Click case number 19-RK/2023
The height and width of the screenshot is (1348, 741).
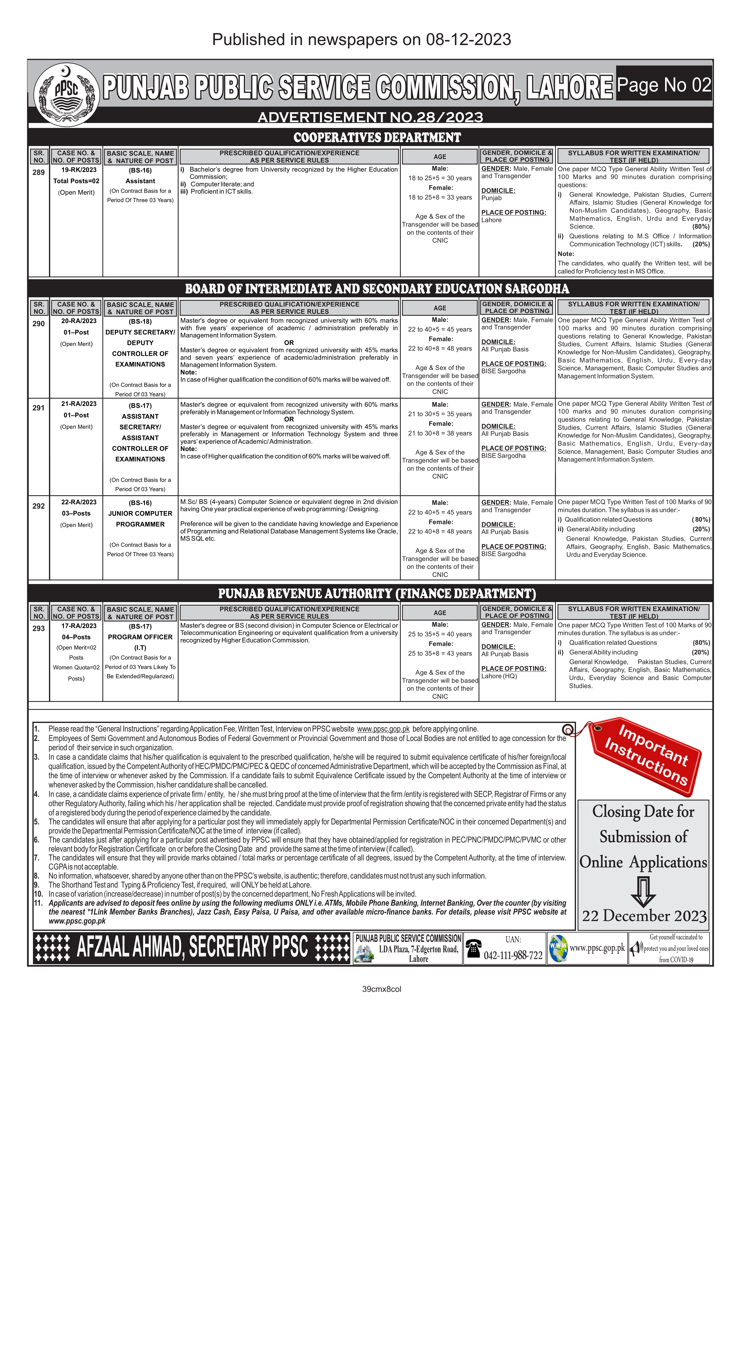(x=78, y=170)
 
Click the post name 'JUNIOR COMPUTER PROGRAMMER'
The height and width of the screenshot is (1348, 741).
(x=140, y=519)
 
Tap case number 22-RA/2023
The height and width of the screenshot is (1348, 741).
(x=78, y=502)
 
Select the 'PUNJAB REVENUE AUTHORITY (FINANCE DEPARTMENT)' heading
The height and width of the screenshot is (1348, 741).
(x=377, y=593)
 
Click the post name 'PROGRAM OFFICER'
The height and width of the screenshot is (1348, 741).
(x=140, y=637)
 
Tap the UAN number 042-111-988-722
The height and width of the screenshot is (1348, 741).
(x=513, y=955)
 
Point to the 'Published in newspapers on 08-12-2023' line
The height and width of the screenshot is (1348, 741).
(x=361, y=39)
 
